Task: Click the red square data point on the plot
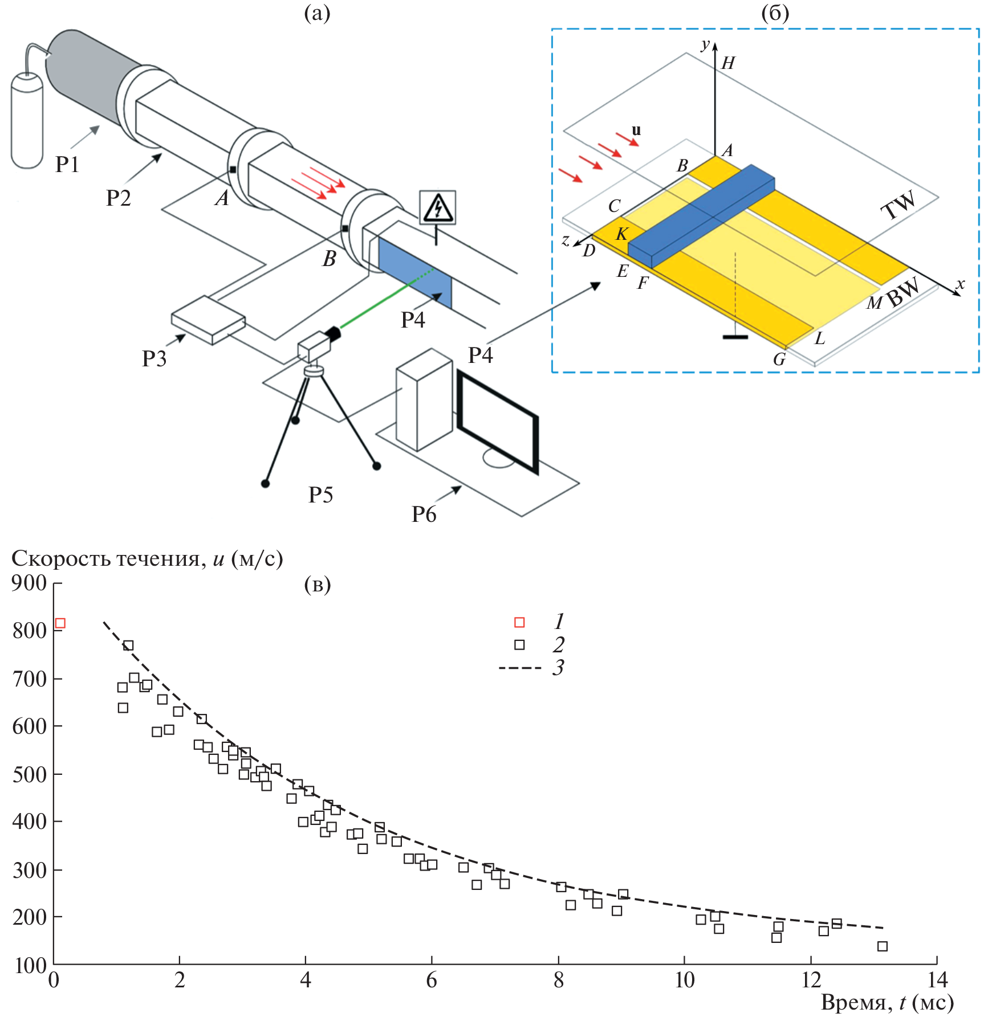click(60, 623)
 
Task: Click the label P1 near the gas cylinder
click(67, 165)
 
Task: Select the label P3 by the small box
click(154, 359)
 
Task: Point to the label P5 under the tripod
click(320, 495)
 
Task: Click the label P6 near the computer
click(424, 514)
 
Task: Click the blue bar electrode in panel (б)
click(702, 216)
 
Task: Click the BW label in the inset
click(904, 292)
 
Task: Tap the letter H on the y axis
click(728, 63)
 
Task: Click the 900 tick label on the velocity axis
click(29, 583)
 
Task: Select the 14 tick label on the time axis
click(937, 980)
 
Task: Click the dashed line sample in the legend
click(519, 668)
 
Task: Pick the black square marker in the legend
click(519, 645)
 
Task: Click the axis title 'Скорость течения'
click(105, 559)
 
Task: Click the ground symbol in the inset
click(735, 337)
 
